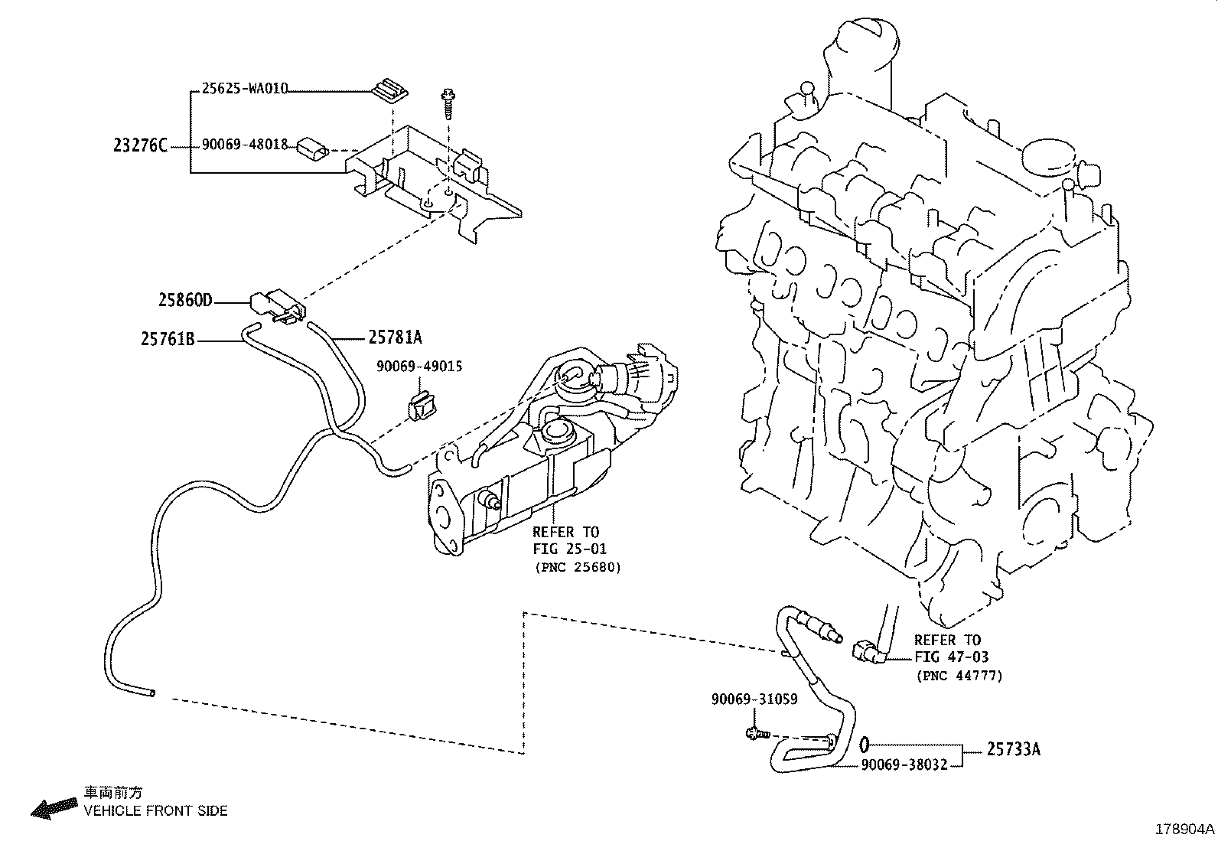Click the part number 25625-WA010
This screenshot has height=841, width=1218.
coord(244,88)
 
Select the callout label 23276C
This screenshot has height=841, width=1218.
coord(140,145)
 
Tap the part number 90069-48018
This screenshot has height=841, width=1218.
coord(244,145)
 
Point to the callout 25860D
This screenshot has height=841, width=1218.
coord(185,300)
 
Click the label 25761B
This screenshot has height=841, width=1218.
coord(168,337)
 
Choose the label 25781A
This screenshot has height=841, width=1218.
coord(395,337)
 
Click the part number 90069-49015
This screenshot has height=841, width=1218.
coord(418,367)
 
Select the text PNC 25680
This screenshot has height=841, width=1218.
coord(577,567)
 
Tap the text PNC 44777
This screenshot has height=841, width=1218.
coord(959,675)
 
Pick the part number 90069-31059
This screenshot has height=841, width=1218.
coord(754,699)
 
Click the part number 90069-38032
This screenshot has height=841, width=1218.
coord(904,764)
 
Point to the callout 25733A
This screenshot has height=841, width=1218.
coord(1013,750)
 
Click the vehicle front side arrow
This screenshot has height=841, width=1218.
coord(54,807)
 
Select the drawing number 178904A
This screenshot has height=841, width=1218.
coord(1184,830)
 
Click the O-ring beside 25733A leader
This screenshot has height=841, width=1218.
coord(864,743)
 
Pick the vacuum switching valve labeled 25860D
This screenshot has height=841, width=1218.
coord(276,304)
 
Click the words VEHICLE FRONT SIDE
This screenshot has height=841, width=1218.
coord(155,810)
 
